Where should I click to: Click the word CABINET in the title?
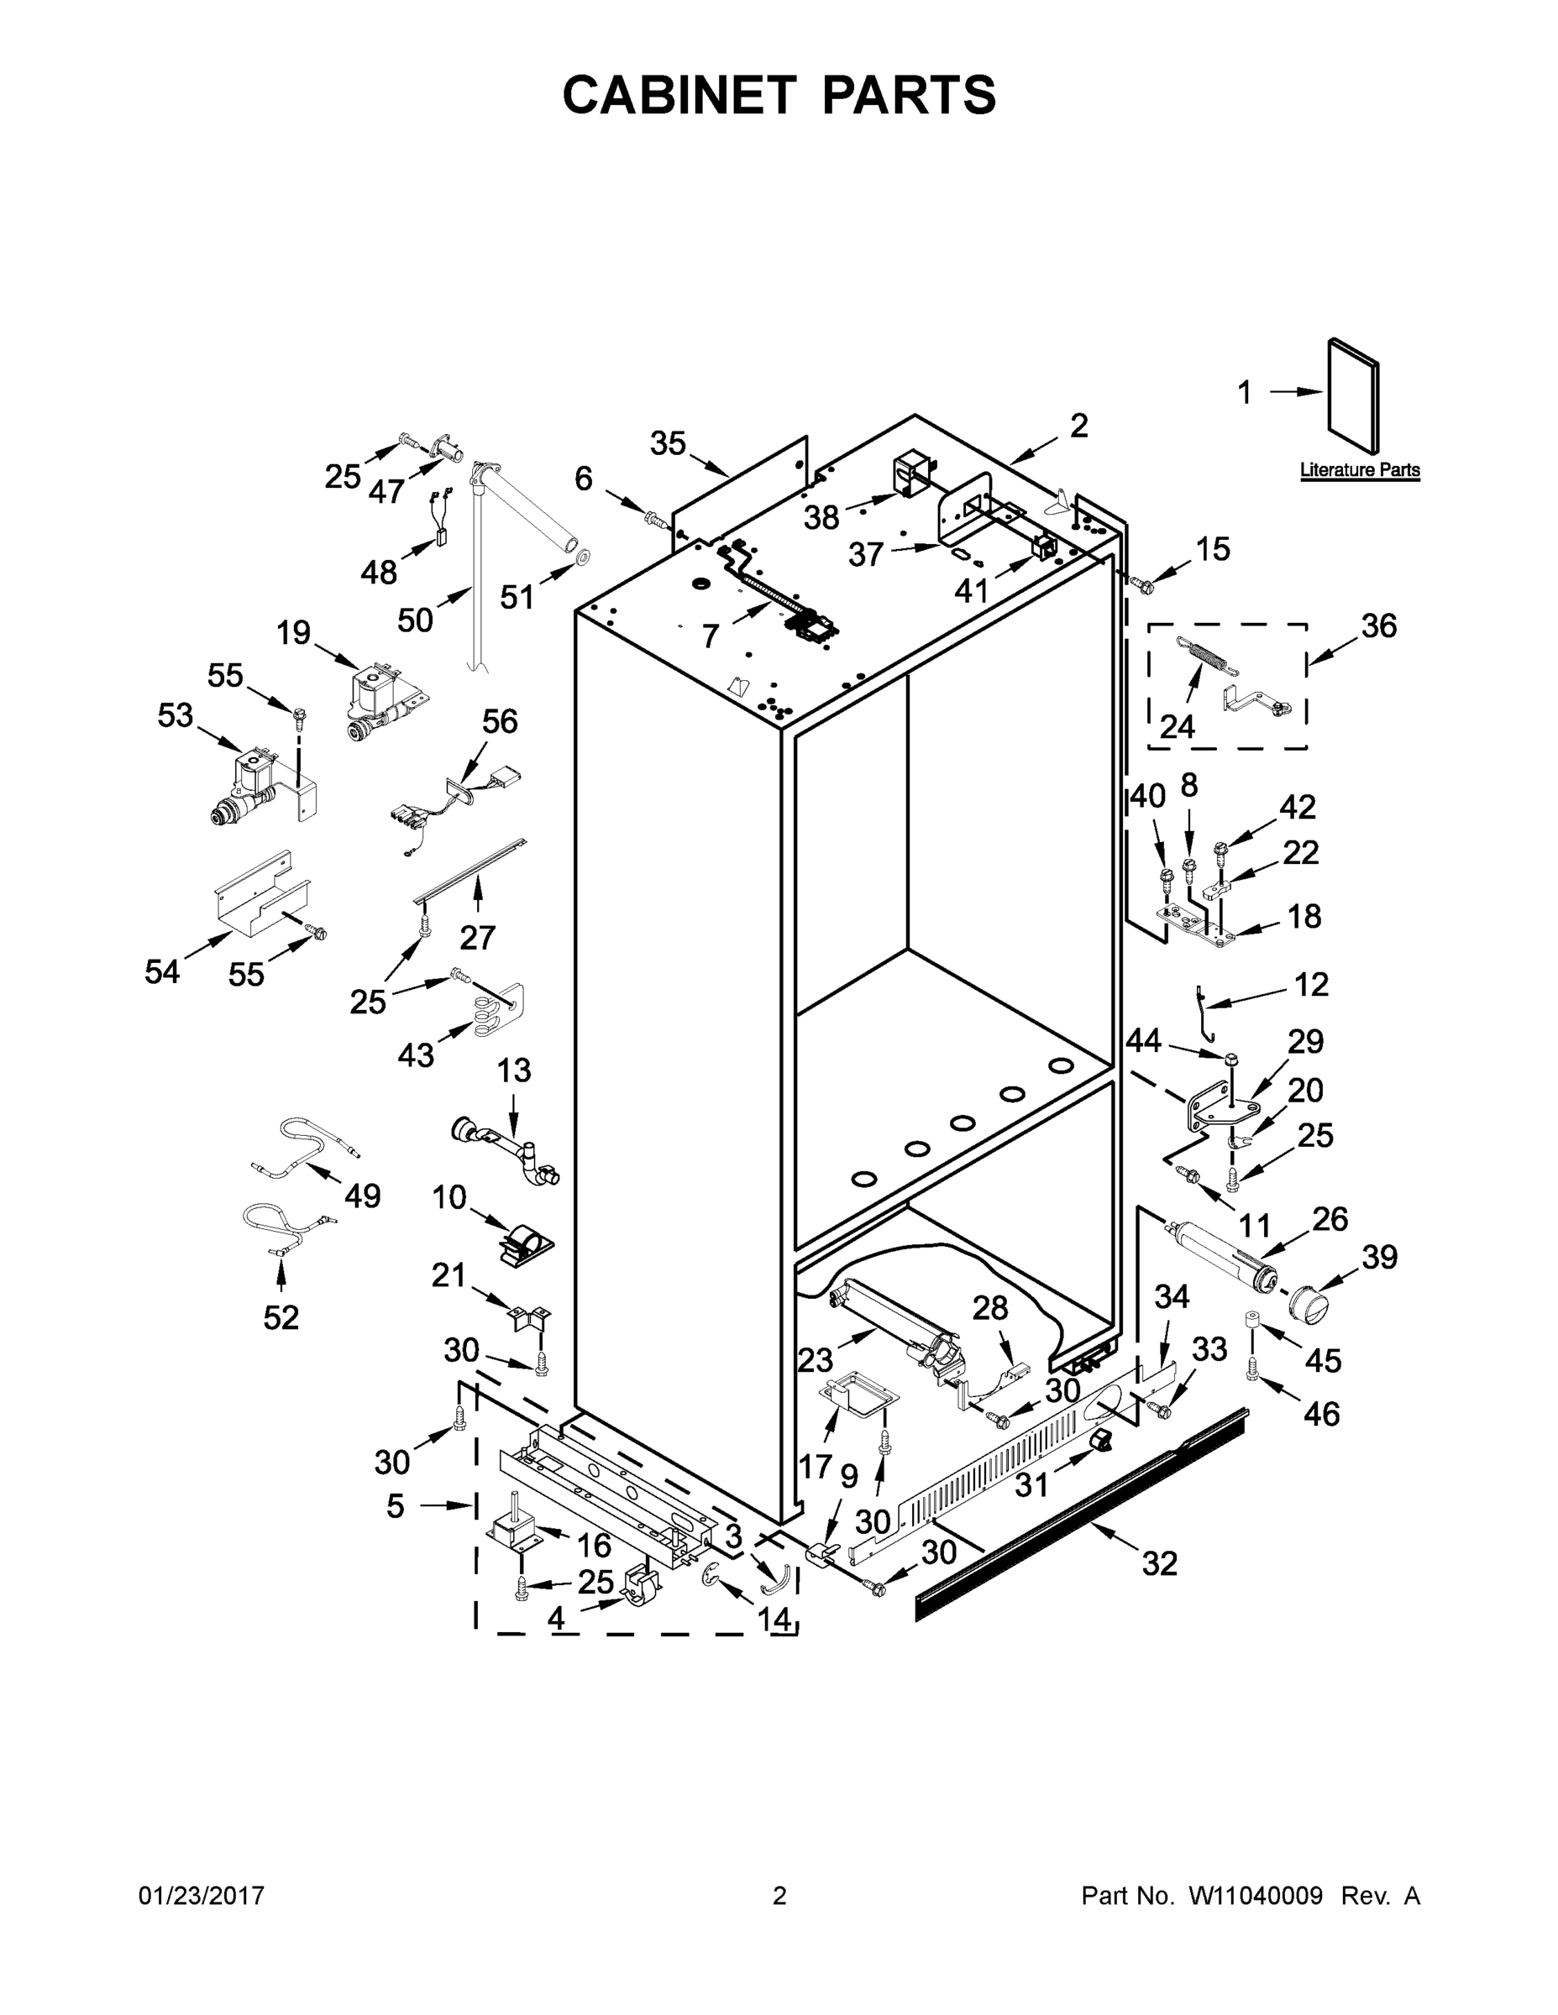click(679, 94)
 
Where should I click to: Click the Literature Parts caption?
click(1360, 470)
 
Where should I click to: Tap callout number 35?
click(669, 444)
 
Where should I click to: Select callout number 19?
click(293, 633)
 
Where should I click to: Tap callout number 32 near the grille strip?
click(1160, 1563)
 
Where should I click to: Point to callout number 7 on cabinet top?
click(710, 636)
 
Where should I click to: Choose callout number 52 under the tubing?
click(281, 1317)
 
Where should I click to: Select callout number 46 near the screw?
click(1322, 1414)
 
